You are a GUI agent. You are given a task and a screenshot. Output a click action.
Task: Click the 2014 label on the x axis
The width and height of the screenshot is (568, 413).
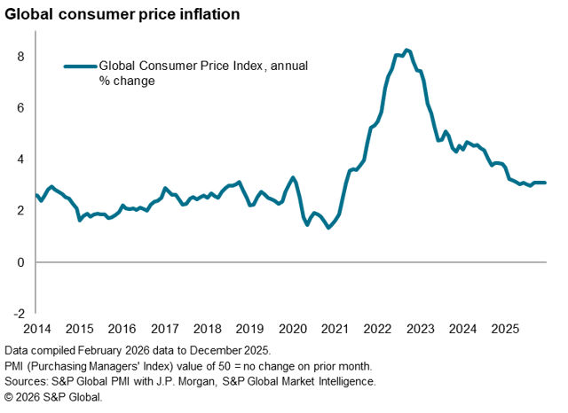tap(36, 328)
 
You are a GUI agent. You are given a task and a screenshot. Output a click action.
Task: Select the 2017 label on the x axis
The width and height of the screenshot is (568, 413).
tap(164, 328)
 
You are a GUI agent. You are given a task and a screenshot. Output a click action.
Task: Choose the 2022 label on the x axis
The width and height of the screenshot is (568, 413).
tap(377, 328)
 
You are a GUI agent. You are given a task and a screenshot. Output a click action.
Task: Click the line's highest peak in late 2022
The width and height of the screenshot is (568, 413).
tap(406, 51)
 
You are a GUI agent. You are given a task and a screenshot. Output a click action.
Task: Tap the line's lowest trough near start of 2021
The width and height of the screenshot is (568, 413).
tap(328, 228)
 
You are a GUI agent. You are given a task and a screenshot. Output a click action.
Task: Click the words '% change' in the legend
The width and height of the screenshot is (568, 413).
tap(127, 81)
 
